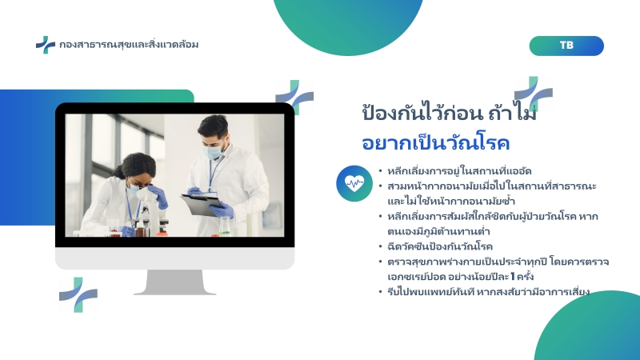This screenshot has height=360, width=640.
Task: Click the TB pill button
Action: pyautogui.click(x=566, y=46)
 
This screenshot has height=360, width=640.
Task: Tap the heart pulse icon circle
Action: pyautogui.click(x=354, y=183)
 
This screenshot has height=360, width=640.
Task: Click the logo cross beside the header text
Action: pyautogui.click(x=46, y=45)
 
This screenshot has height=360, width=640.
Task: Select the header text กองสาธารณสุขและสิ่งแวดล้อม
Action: pyautogui.click(x=129, y=44)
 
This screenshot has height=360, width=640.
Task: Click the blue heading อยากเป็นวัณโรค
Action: pyautogui.click(x=436, y=143)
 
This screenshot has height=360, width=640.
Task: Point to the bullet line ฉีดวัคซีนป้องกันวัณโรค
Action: pyautogui.click(x=440, y=246)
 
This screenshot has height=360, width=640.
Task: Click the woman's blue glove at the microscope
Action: pyautogui.click(x=158, y=196)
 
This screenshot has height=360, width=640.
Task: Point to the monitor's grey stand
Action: pyautogui.click(x=174, y=282)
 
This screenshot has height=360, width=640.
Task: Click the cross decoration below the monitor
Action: pyautogui.click(x=78, y=294)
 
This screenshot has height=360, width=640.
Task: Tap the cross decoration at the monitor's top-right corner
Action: pyautogui.click(x=294, y=97)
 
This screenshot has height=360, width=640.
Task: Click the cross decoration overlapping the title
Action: pyautogui.click(x=534, y=94)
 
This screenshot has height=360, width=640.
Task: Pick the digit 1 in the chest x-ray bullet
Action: pyautogui.click(x=512, y=277)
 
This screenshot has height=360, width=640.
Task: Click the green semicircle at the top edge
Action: pyautogui.click(x=348, y=24)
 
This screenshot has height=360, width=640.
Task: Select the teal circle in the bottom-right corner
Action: pyautogui.click(x=588, y=326)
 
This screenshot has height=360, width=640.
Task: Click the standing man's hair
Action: pyautogui.click(x=213, y=125)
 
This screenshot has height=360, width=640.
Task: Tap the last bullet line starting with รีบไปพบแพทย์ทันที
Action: pyautogui.click(x=489, y=292)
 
